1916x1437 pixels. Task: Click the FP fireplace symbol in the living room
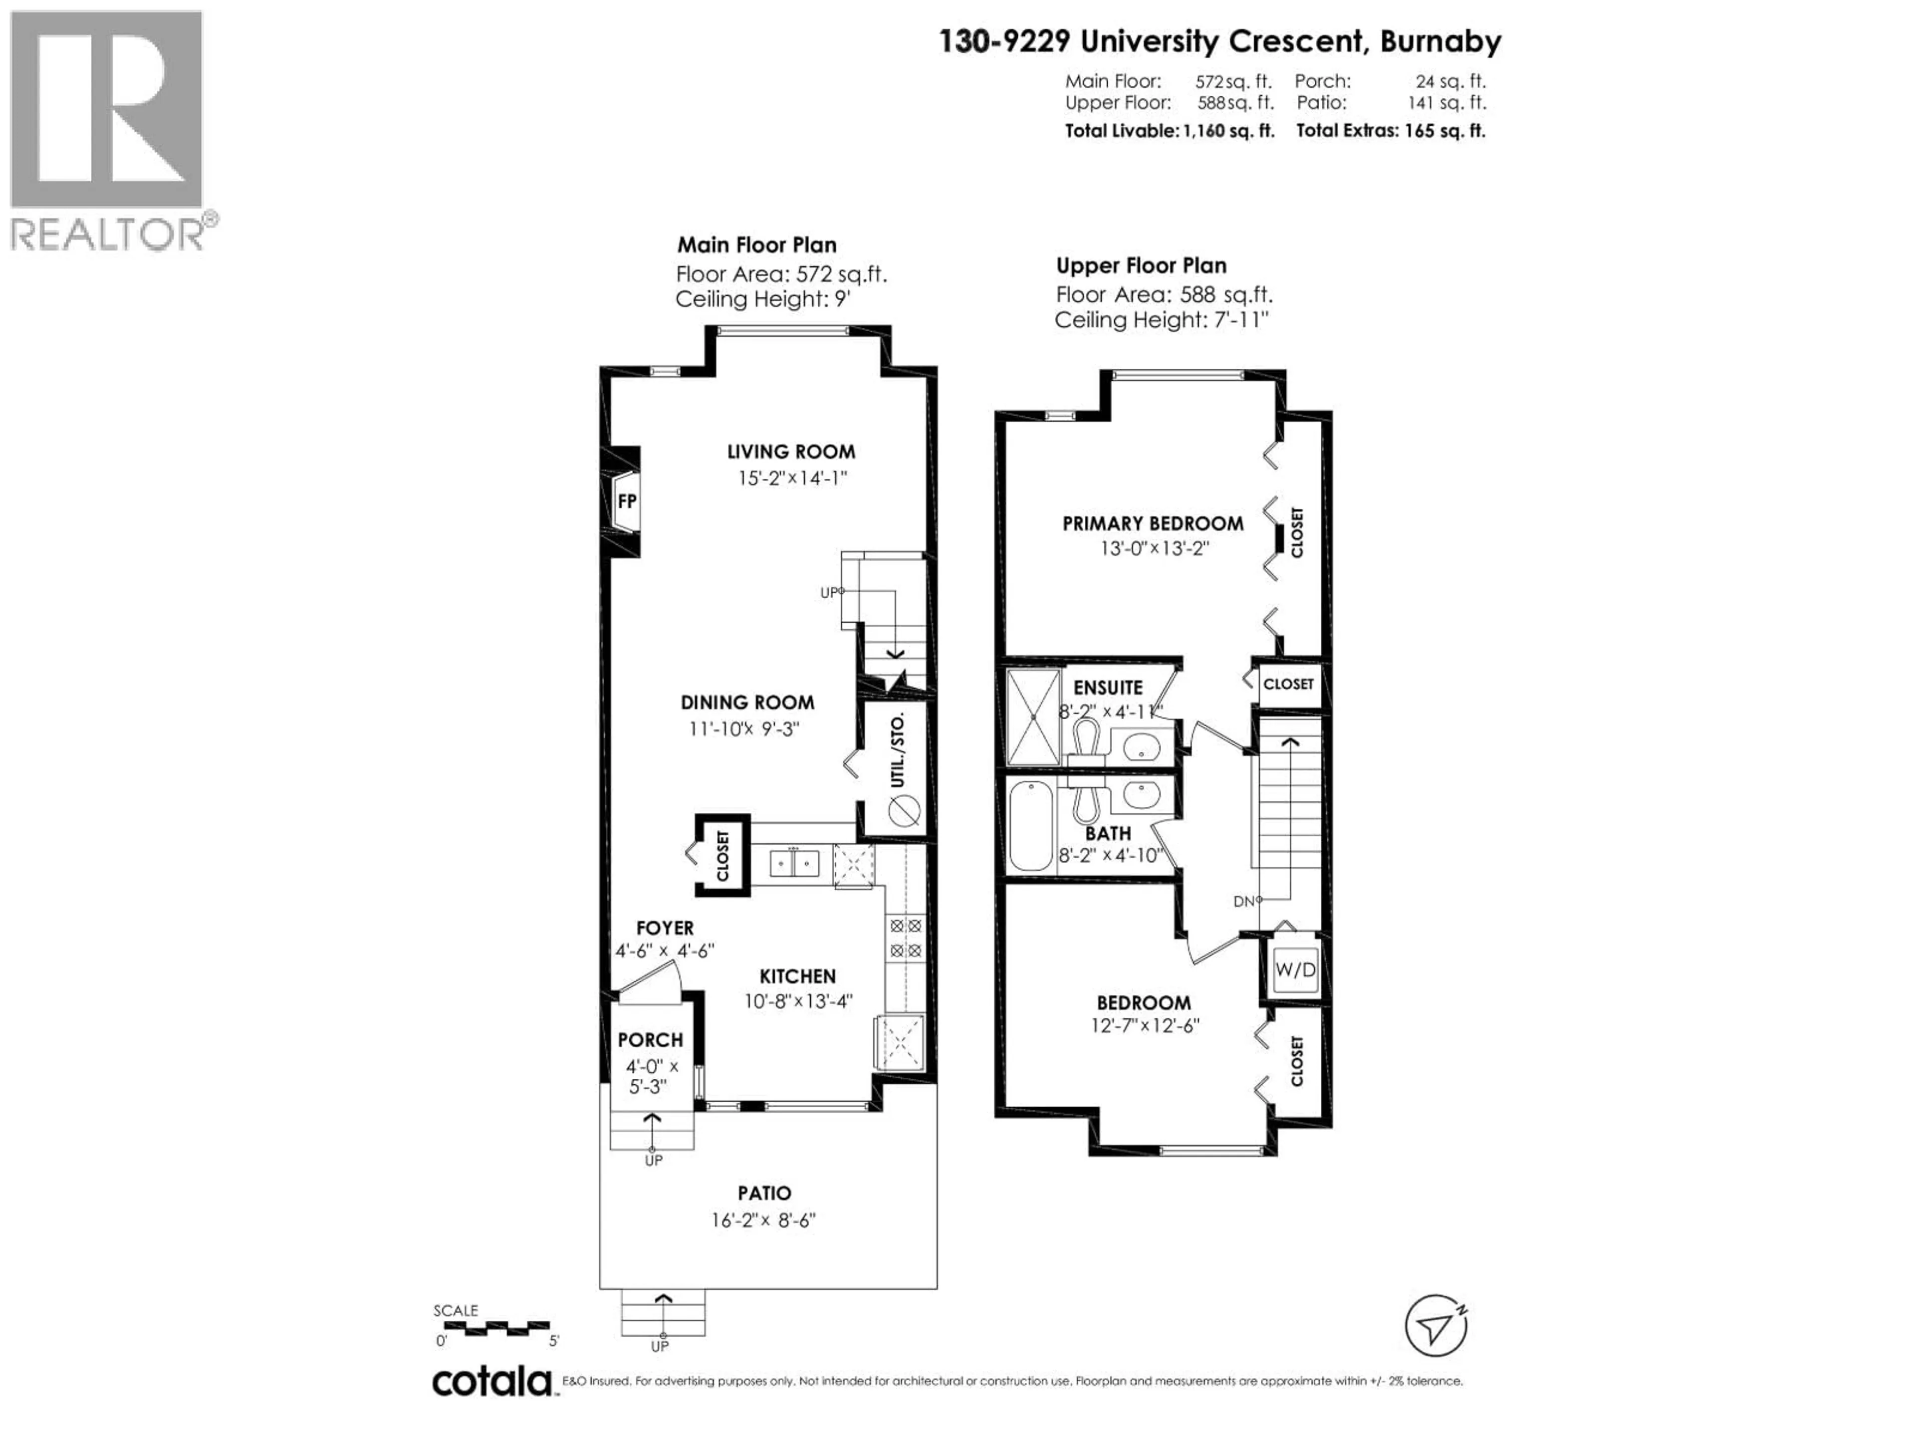pos(626,501)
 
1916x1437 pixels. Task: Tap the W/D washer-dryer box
pos(1295,969)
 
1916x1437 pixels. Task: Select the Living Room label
pos(791,451)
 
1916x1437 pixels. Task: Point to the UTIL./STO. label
pos(897,750)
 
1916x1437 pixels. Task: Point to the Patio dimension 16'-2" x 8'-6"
pos(763,1220)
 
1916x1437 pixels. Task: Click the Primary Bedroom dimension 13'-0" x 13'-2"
pos(1154,548)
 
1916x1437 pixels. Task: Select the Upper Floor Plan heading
pos(1141,266)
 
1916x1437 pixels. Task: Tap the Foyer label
pos(665,928)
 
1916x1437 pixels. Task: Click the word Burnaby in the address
pos(1440,41)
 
